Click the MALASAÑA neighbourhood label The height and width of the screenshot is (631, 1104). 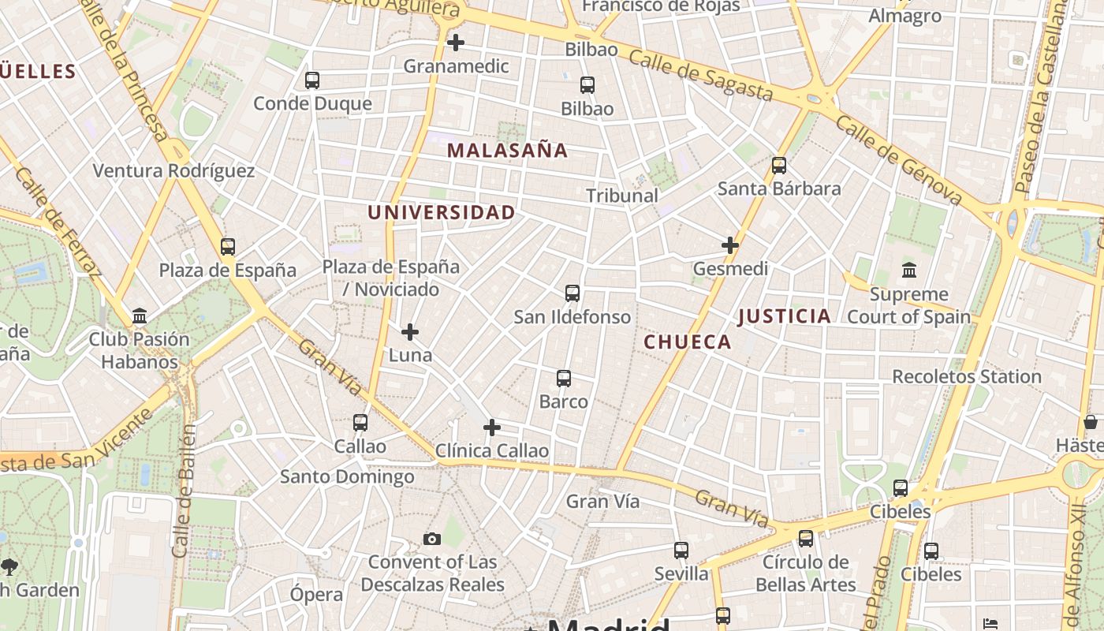click(507, 151)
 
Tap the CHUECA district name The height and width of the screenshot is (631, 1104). click(688, 342)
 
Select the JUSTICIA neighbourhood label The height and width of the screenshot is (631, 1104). click(785, 317)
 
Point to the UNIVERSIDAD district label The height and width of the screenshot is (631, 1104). click(441, 212)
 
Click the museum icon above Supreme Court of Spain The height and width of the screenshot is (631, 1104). click(909, 271)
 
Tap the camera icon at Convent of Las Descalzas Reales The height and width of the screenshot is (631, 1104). click(431, 540)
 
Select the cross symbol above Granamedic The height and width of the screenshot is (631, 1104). click(456, 43)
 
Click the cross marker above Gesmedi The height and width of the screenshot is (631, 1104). click(730, 245)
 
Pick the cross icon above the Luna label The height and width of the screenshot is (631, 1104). click(410, 332)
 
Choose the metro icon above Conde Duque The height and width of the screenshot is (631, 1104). click(312, 80)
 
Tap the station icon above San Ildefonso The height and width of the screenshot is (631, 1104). click(573, 293)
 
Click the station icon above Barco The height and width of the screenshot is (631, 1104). click(564, 379)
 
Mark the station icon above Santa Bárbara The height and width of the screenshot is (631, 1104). click(779, 166)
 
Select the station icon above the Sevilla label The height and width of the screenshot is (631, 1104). click(681, 551)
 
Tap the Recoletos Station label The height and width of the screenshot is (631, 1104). click(967, 377)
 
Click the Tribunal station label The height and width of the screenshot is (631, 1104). click(622, 196)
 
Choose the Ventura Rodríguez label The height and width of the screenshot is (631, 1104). click(173, 171)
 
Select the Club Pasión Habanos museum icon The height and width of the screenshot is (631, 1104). click(140, 316)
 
